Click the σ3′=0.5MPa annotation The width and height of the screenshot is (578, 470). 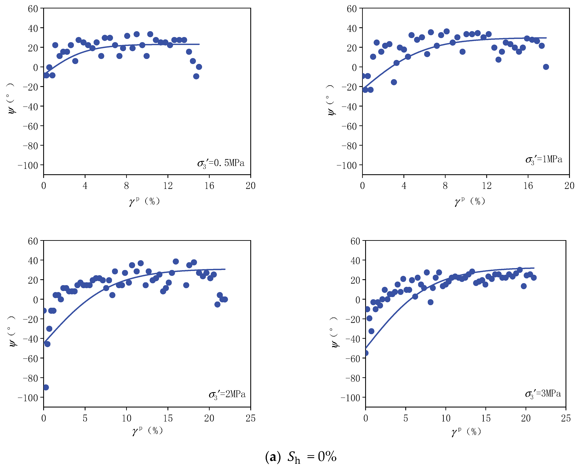coord(221,163)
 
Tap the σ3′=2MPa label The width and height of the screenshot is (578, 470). coord(227,395)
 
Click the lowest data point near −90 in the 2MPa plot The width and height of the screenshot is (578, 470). coord(46,387)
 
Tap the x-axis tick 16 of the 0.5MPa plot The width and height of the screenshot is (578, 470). coord(209,186)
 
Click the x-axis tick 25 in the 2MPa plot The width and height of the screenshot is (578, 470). coord(250,418)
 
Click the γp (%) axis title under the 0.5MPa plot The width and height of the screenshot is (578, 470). coord(144,201)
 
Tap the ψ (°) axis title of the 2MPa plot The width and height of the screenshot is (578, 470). coord(12,331)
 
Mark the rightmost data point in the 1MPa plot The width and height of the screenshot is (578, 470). coord(546,67)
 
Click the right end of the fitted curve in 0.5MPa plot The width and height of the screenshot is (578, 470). coord(199,44)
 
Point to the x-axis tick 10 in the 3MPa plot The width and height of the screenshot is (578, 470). coord(446,418)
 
